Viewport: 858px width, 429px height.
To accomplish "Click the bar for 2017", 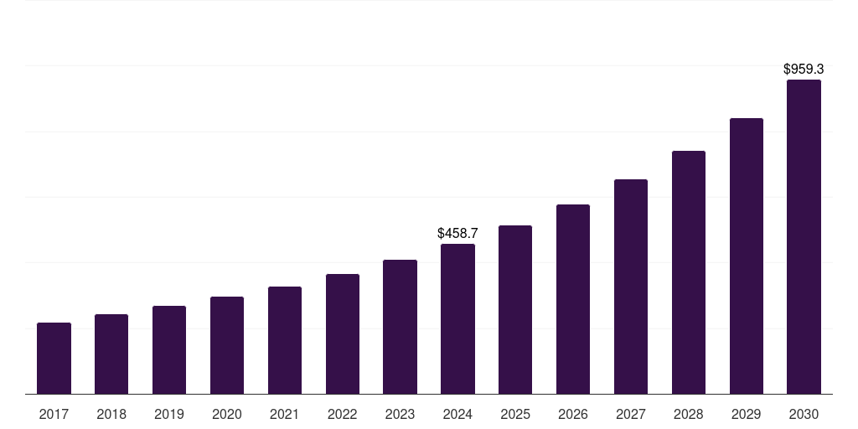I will pyautogui.click(x=54, y=359).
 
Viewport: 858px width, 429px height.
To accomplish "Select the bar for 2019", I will pyautogui.click(x=169, y=350).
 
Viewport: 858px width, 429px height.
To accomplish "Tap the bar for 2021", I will pyautogui.click(x=285, y=340).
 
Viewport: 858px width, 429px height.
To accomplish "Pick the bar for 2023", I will pyautogui.click(x=400, y=327).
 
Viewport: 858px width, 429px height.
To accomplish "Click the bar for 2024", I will pyautogui.click(x=457, y=319).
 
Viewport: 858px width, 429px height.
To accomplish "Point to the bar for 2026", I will pyautogui.click(x=573, y=299).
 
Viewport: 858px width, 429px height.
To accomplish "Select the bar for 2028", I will pyautogui.click(x=689, y=272).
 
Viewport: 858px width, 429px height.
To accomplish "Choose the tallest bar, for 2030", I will pyautogui.click(x=804, y=237).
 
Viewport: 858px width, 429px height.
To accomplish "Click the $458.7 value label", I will pyautogui.click(x=457, y=233).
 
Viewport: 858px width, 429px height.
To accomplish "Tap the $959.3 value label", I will pyautogui.click(x=804, y=70).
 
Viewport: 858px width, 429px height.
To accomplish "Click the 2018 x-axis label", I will pyautogui.click(x=111, y=414).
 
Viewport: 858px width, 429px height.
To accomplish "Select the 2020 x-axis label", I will pyautogui.click(x=227, y=414).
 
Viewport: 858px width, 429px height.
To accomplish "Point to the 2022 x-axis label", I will pyautogui.click(x=342, y=414).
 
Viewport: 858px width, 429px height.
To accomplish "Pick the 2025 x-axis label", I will pyautogui.click(x=515, y=414).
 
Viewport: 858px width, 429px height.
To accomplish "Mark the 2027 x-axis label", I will pyautogui.click(x=631, y=414).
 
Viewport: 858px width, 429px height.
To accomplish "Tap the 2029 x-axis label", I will pyautogui.click(x=746, y=414).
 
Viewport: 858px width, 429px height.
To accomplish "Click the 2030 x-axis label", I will pyautogui.click(x=804, y=414).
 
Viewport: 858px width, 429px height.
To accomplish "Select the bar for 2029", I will pyautogui.click(x=747, y=256).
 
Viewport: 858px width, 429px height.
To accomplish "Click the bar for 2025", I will pyautogui.click(x=515, y=310).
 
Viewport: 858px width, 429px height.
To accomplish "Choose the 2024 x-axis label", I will pyautogui.click(x=457, y=414).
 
